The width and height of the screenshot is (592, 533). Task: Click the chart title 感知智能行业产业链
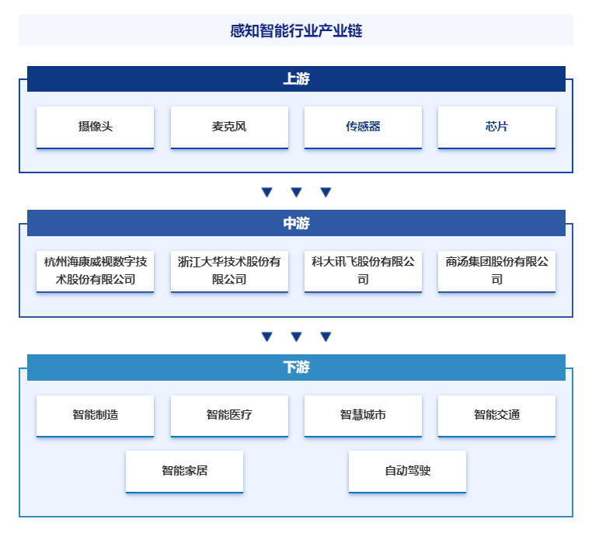pos(296,30)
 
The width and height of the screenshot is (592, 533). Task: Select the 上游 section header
pos(296,78)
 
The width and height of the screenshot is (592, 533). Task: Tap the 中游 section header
pos(296,223)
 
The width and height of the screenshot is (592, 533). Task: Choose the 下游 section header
pos(296,368)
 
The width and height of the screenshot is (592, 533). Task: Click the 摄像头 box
pos(95,127)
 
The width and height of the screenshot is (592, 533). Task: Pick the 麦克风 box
pos(229,127)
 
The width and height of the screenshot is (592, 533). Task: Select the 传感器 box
pos(363,127)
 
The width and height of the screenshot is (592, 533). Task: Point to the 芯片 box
pos(496,127)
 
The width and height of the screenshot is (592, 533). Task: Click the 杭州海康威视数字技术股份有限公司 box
pos(95,271)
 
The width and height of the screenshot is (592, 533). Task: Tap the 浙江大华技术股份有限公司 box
pos(229,271)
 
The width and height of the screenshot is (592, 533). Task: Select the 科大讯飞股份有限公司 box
pos(363,271)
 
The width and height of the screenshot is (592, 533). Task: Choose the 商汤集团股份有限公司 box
pos(496,271)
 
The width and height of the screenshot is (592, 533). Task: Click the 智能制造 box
pos(95,416)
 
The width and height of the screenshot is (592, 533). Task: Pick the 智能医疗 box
pos(229,416)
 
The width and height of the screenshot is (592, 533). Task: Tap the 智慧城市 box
pos(363,416)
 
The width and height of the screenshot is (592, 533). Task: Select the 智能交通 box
pos(496,416)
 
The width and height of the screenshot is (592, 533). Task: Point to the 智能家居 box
pos(184,472)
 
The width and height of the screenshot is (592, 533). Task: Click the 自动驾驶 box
pos(407,472)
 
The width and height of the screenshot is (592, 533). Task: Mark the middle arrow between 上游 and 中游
pos(296,192)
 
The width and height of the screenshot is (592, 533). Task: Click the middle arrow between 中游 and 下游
pos(296,336)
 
